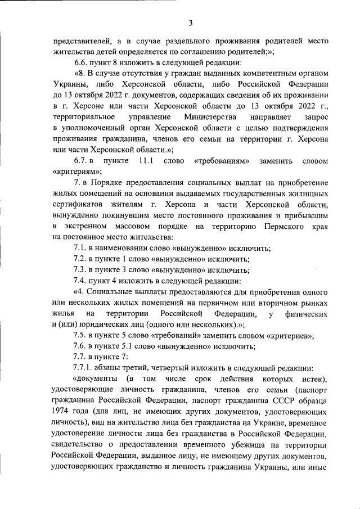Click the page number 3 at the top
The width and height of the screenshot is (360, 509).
(191, 22)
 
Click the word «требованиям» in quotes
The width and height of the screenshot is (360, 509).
(222, 162)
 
